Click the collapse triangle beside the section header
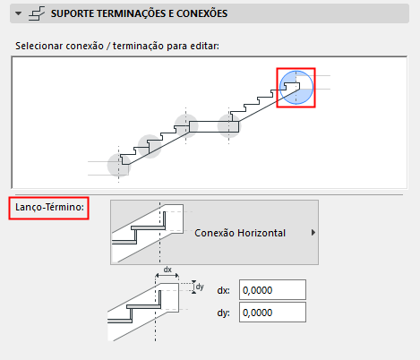click(x=19, y=13)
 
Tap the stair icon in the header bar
click(x=37, y=13)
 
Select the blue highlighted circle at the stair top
click(x=296, y=88)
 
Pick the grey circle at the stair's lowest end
click(x=119, y=165)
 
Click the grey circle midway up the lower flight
click(x=150, y=146)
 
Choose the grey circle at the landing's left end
click(x=186, y=125)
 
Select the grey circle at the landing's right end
click(x=229, y=126)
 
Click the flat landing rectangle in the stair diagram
click(x=214, y=126)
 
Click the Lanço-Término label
click(x=49, y=207)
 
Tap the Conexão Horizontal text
click(x=240, y=233)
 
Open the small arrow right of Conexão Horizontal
click(x=313, y=233)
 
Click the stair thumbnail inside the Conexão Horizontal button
click(x=148, y=233)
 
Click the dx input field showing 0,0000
click(x=272, y=290)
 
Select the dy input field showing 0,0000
click(x=272, y=313)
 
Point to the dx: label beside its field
click(x=224, y=290)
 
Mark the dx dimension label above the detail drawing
click(x=167, y=270)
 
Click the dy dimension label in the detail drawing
click(x=200, y=287)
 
